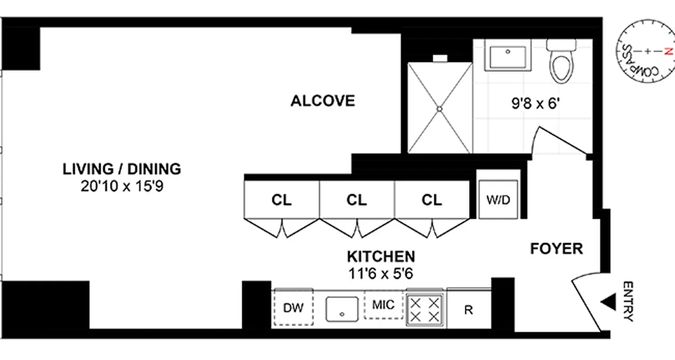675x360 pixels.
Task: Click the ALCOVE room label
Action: click(323, 101)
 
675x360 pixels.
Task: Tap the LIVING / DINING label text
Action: click(121, 169)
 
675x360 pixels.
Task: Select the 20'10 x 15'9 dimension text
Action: click(121, 186)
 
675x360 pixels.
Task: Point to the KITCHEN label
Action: click(381, 256)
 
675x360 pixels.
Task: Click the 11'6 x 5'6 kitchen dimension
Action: click(381, 273)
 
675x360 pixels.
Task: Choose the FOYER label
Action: click(556, 248)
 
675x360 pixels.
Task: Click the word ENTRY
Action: click(628, 301)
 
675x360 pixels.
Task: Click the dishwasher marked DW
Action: click(293, 308)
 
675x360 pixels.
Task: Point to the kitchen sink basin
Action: click(342, 309)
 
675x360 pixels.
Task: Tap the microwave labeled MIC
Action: click(383, 305)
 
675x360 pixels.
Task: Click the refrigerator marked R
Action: click(468, 310)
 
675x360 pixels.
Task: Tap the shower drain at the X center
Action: click(440, 108)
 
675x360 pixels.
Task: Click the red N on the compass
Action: click(668, 51)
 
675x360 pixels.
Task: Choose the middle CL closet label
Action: click(356, 200)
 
